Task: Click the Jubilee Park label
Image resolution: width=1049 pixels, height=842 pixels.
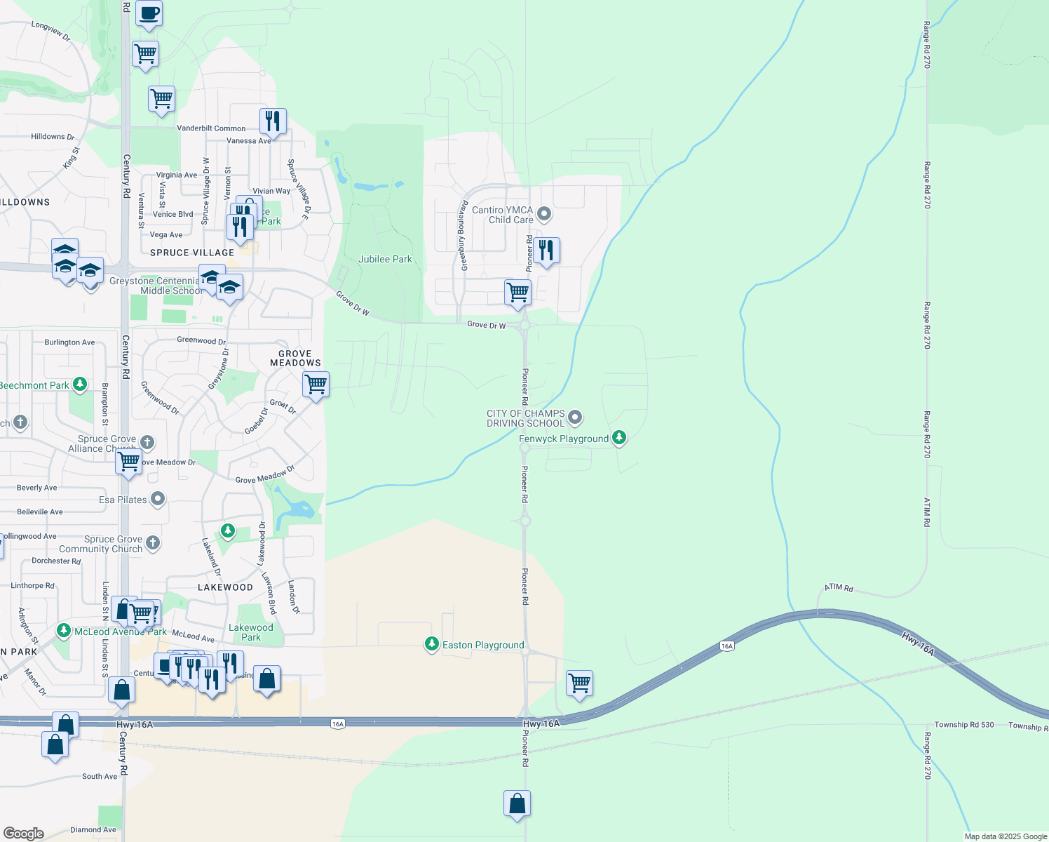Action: coord(385,259)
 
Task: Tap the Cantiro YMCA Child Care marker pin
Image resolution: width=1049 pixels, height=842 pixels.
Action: coord(543,213)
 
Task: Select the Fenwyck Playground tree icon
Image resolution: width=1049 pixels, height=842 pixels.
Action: coord(618,438)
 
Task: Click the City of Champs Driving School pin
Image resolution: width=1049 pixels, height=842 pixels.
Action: coord(575,417)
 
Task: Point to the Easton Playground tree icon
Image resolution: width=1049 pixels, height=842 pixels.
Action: coord(432,644)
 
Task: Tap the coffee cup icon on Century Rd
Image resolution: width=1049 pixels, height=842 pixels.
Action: coord(149,13)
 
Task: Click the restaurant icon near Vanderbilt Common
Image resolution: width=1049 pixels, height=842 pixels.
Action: coord(273,121)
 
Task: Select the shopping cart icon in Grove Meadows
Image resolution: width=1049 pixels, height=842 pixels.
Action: coord(316,384)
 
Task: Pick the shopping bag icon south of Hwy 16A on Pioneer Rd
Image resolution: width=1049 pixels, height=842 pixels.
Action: coord(517,803)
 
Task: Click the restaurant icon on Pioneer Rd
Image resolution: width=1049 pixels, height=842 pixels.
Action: coord(546,250)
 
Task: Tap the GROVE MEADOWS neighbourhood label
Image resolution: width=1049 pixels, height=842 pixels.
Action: coord(295,359)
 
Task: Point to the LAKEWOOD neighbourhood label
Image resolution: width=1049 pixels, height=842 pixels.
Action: coord(225,587)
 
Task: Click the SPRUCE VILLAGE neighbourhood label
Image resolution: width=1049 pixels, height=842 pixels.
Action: coord(192,253)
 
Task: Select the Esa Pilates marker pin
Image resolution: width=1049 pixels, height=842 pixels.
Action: coord(158,499)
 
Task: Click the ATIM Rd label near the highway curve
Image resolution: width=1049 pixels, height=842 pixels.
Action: coord(839,587)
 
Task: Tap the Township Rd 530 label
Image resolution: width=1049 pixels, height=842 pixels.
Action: coord(964,725)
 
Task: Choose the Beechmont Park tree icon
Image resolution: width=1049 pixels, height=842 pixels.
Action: coord(80,385)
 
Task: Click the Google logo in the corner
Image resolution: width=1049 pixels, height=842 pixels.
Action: coord(24,834)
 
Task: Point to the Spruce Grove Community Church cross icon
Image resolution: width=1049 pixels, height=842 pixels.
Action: coord(152,542)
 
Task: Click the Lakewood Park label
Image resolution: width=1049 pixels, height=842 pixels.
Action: coord(251,632)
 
